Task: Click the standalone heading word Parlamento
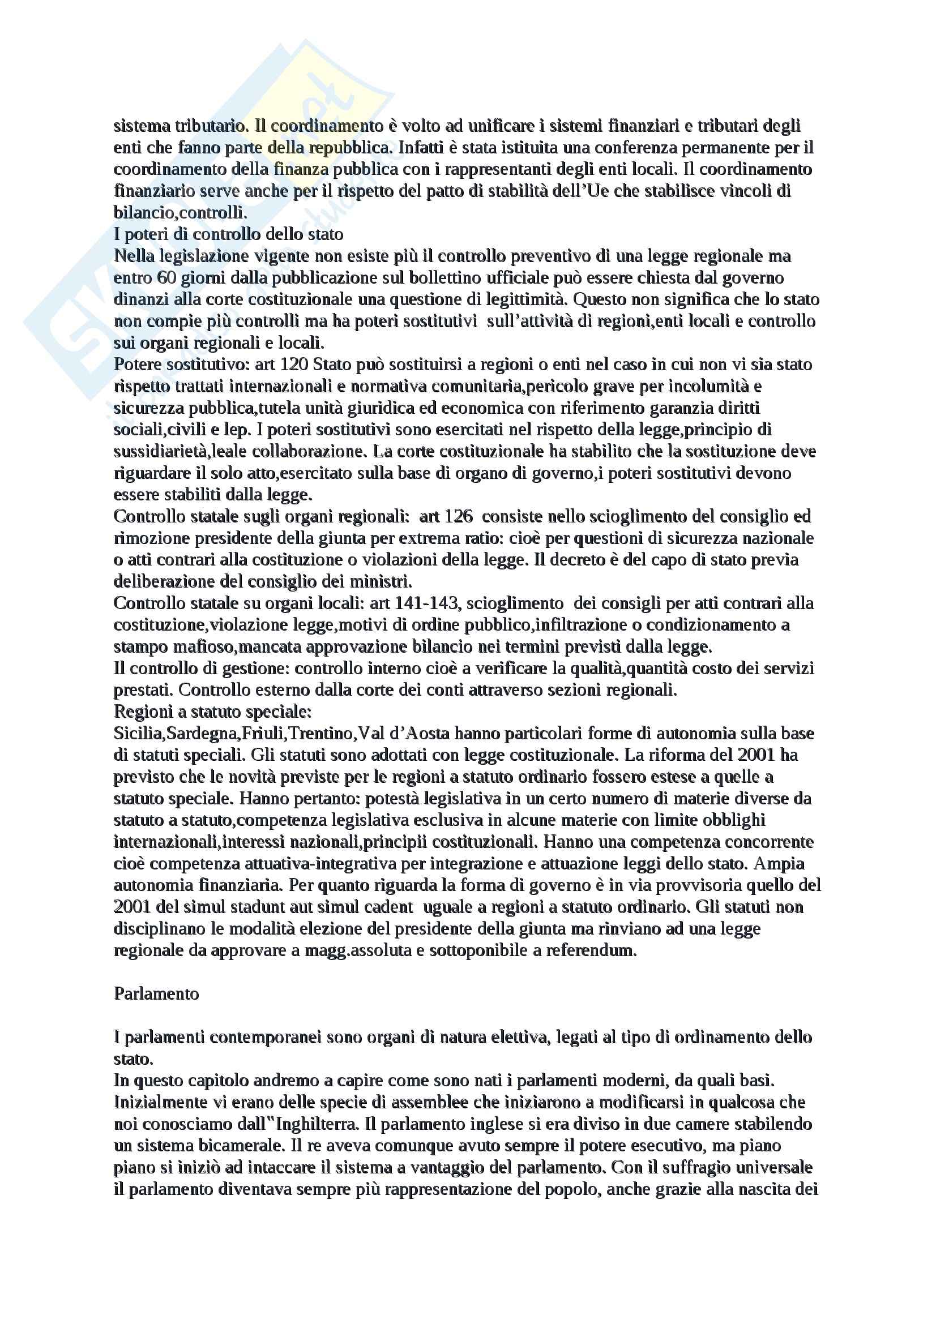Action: click(x=156, y=993)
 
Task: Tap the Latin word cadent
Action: click(x=388, y=907)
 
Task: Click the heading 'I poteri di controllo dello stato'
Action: click(x=228, y=234)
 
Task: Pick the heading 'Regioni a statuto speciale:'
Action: click(x=213, y=712)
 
